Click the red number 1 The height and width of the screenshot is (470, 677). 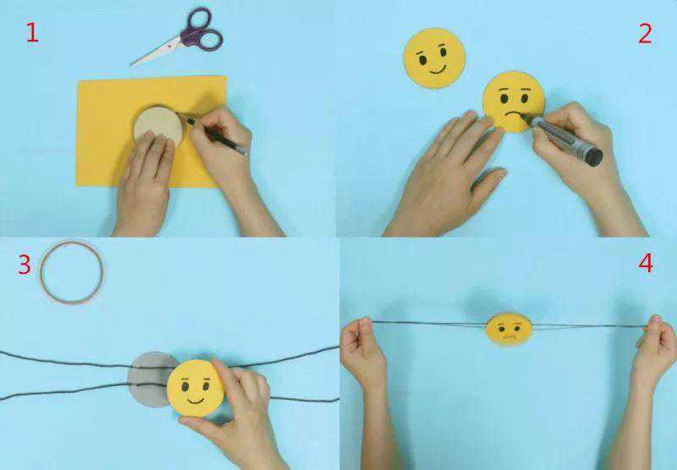click(x=32, y=33)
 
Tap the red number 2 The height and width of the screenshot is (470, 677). click(x=645, y=34)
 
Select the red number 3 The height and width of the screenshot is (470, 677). click(x=25, y=265)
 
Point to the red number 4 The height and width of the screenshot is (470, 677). click(x=646, y=263)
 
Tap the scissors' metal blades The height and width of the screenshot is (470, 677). click(x=157, y=52)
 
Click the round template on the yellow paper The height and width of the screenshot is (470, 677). click(x=158, y=125)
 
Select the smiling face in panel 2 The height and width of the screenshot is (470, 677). click(x=434, y=58)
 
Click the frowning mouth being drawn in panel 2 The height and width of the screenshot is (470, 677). click(x=512, y=116)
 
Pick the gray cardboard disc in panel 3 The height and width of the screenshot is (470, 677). click(x=150, y=380)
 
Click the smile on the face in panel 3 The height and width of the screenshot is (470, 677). click(x=195, y=401)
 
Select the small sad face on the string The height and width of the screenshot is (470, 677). click(x=509, y=329)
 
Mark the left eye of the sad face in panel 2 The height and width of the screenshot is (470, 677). click(x=504, y=99)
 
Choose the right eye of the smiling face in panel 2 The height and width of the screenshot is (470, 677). click(x=443, y=52)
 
